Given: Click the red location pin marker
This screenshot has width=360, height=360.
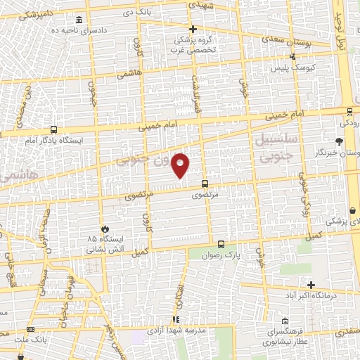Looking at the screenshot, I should [181, 165].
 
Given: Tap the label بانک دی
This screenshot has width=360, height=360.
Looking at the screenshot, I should [138, 13].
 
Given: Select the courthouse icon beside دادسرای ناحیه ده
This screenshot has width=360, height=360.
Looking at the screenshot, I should [78, 19].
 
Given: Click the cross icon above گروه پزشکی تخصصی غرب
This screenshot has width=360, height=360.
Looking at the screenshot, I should [193, 29].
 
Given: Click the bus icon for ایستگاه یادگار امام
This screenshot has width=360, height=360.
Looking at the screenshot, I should [53, 129].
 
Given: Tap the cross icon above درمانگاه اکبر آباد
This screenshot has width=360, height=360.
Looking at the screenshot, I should [311, 284].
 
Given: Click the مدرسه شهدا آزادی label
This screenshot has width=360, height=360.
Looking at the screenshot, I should [176, 330].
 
